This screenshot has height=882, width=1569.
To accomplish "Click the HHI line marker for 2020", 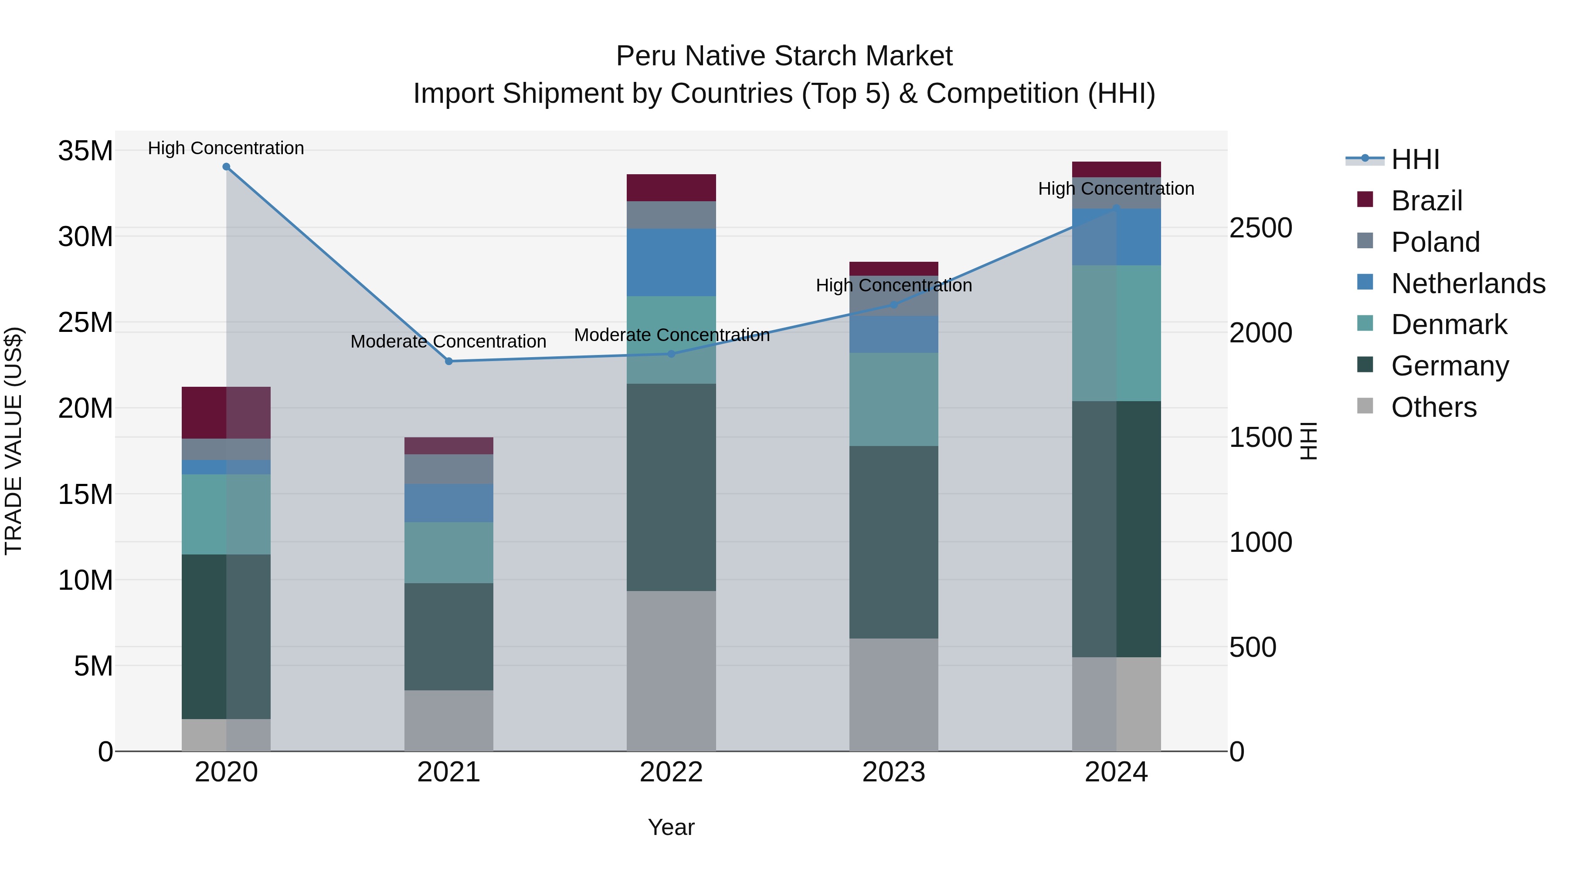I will (x=226, y=167).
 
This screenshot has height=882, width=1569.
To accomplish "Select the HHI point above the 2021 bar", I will (x=449, y=362).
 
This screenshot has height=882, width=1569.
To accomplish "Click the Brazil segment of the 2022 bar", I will (x=671, y=187).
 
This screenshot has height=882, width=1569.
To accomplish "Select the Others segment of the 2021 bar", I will (x=449, y=721).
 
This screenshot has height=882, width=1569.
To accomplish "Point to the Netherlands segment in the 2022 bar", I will (x=671, y=262).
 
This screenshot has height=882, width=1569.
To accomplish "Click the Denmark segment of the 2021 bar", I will (x=449, y=553).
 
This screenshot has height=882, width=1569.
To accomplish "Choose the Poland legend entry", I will (x=1436, y=242).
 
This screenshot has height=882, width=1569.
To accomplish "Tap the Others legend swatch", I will (x=1365, y=406).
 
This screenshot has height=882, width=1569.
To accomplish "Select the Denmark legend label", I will (x=1449, y=324).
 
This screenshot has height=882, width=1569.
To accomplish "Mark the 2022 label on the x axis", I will (x=671, y=772).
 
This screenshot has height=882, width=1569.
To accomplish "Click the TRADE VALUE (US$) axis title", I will (x=14, y=441).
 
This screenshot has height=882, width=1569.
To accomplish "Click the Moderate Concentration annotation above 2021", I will (x=448, y=341).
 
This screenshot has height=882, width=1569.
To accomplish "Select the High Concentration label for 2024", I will (x=1116, y=189).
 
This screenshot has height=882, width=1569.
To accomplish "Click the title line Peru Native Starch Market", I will (x=784, y=56).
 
